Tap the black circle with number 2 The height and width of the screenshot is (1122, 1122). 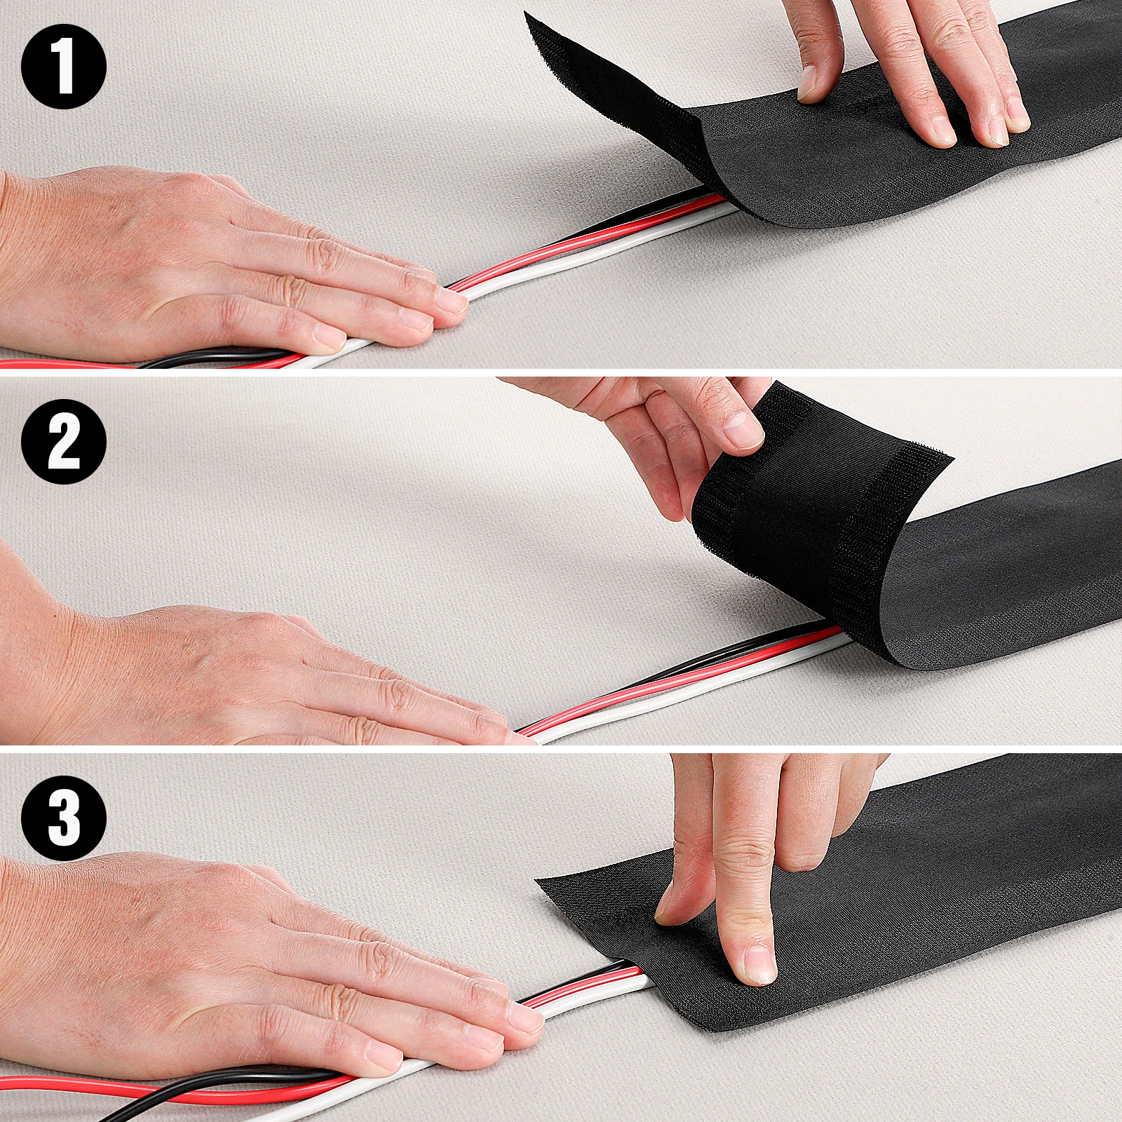63,441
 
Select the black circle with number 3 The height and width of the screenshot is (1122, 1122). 63,818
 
